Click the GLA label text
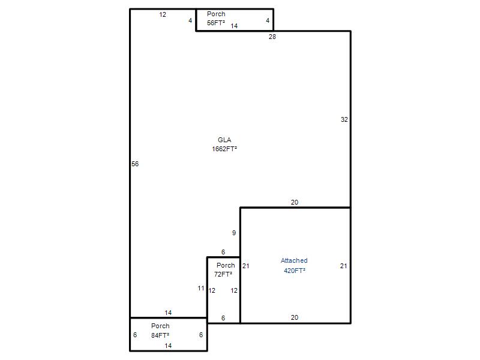pos(224,140)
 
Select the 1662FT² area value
pos(224,149)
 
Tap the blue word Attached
pos(294,260)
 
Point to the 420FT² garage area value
pos(295,271)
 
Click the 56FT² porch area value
pos(216,23)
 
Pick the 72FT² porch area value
pos(223,274)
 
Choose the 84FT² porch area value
pos(160,335)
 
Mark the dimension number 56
pos(135,164)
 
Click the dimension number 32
pos(344,119)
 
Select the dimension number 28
pos(272,37)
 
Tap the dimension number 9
pos(234,233)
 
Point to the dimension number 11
pos(201,289)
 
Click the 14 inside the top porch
pos(234,26)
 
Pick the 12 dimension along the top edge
pos(163,14)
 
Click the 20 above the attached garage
pos(295,202)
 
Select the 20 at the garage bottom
pos(295,318)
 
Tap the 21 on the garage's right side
pos(343,266)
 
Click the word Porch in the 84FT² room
pos(160,326)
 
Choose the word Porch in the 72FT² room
pos(226,265)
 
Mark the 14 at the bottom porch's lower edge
pos(168,346)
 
